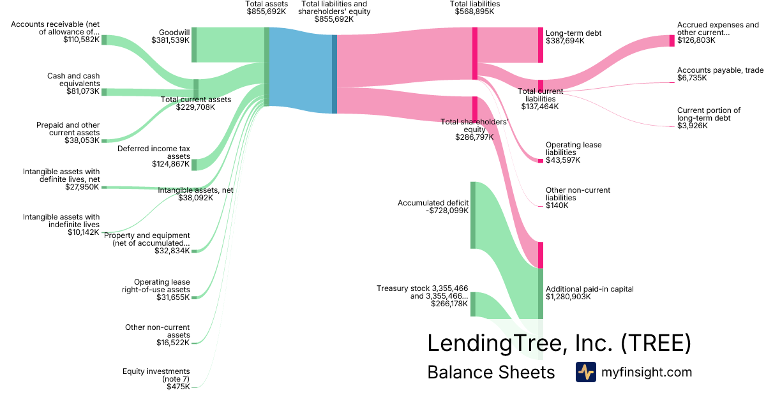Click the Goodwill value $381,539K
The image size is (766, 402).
pos(170,40)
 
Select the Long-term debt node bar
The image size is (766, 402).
pos(540,45)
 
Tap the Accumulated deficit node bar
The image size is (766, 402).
pos(473,215)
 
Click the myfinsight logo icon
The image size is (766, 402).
pos(585,372)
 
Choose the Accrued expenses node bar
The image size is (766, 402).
pos(672,41)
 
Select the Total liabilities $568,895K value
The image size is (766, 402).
pos(474,11)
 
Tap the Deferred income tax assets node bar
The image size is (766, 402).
pos(194,165)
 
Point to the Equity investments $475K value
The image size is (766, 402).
pos(178,387)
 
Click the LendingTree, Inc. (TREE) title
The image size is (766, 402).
pos(559,343)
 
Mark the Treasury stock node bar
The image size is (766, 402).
pos(473,304)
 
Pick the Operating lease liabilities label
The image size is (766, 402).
pos(573,149)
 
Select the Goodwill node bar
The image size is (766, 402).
pos(194,45)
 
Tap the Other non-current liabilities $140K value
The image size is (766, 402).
pos(557,205)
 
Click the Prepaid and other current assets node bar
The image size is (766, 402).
pos(104,140)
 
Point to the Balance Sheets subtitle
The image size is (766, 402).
pos(491,373)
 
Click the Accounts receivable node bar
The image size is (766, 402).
pos(104,40)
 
